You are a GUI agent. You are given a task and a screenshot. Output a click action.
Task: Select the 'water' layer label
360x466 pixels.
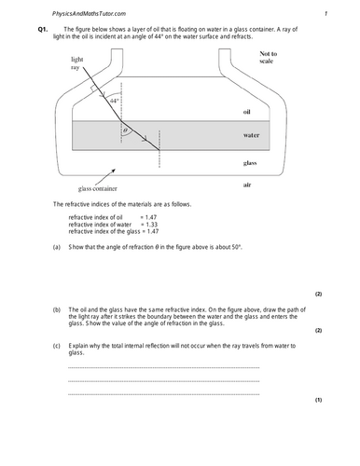point(251,135)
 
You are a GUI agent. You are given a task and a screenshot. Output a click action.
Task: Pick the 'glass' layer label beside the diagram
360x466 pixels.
point(250,162)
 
